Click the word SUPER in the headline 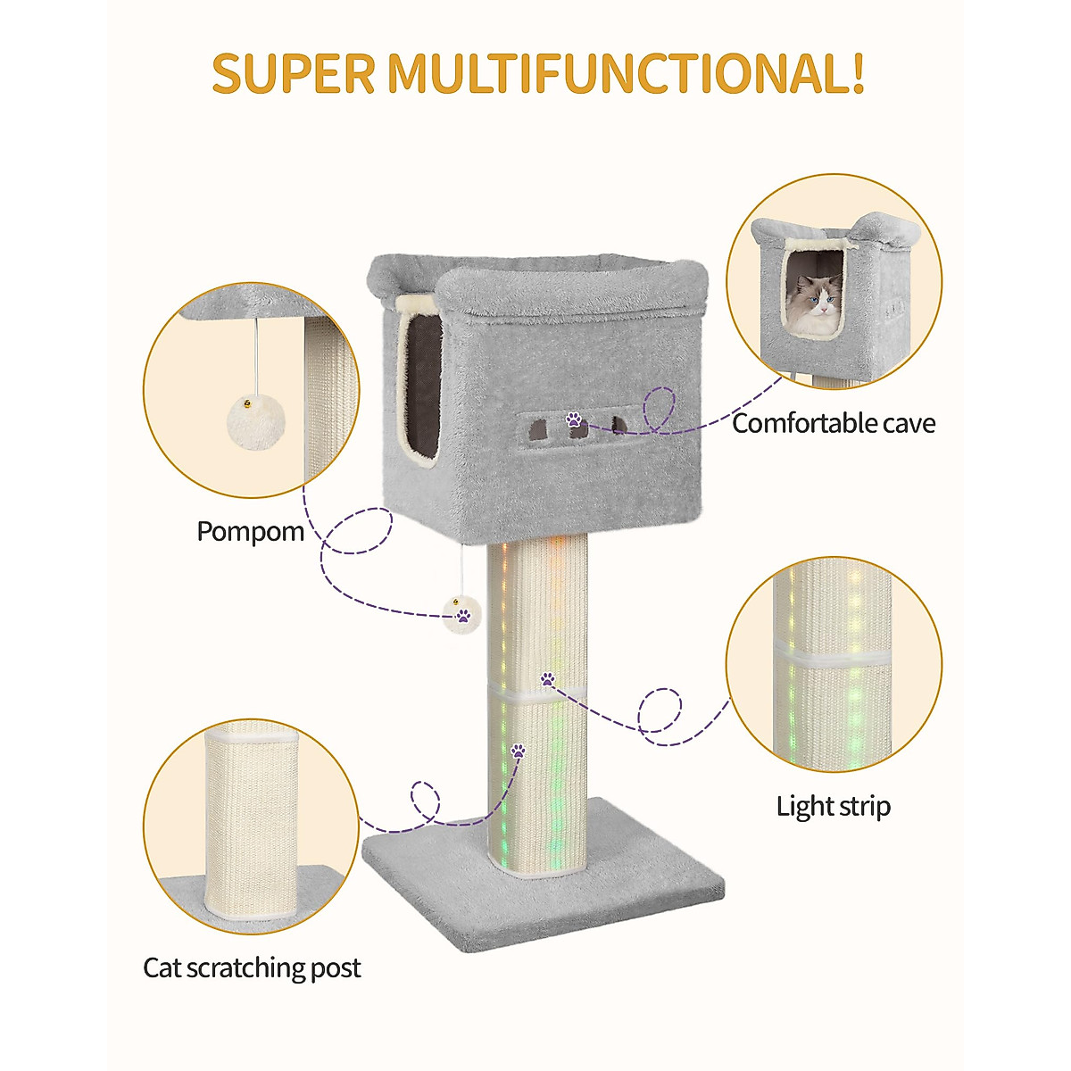tap(293, 73)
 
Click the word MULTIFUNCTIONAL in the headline tap(614, 73)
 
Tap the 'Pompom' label tap(250, 532)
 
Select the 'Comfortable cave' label tap(834, 423)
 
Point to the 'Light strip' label tap(833, 807)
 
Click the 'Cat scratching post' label tap(252, 968)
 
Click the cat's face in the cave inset tap(816, 303)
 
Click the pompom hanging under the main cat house tap(463, 614)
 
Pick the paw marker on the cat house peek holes tap(574, 419)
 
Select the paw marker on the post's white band tap(547, 679)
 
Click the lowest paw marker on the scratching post tap(518, 751)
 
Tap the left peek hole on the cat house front tap(538, 429)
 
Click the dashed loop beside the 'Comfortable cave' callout tap(661, 410)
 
